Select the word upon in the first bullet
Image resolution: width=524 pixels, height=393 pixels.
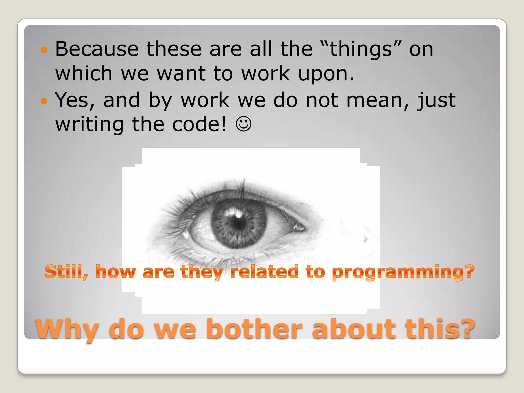pyautogui.click(x=326, y=74)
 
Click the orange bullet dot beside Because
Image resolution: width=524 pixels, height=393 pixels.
pyautogui.click(x=44, y=50)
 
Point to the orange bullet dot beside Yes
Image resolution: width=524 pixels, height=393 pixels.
pyautogui.click(x=44, y=101)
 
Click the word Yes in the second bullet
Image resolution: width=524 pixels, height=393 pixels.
pyautogui.click(x=75, y=100)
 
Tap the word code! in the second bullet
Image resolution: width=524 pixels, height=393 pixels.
pyautogui.click(x=199, y=124)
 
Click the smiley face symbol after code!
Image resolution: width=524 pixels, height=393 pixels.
pyautogui.click(x=243, y=124)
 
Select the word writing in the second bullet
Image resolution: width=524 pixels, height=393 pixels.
pyautogui.click(x=89, y=125)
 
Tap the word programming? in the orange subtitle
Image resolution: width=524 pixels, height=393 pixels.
pyautogui.click(x=403, y=272)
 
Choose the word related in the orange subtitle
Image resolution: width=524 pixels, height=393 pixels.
pyautogui.click(x=264, y=272)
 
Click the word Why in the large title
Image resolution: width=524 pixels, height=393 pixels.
pyautogui.click(x=67, y=330)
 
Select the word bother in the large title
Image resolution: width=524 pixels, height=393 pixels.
pyautogui.click(x=254, y=329)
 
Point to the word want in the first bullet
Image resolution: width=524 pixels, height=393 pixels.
pyautogui.click(x=181, y=74)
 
